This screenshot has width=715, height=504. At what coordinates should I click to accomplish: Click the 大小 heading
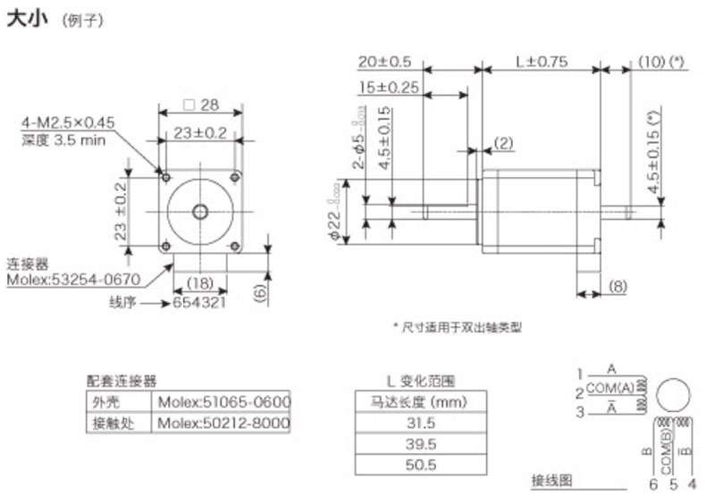coord(25,19)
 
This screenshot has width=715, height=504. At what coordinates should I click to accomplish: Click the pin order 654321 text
coord(200,303)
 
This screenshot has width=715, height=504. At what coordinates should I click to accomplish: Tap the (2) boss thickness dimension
coord(503,143)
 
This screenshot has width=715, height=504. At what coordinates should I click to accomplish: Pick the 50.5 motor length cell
coord(420,465)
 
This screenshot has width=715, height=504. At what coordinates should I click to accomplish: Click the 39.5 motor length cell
coord(420,444)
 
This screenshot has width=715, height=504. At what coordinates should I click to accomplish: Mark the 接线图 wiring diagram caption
coord(551,481)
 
